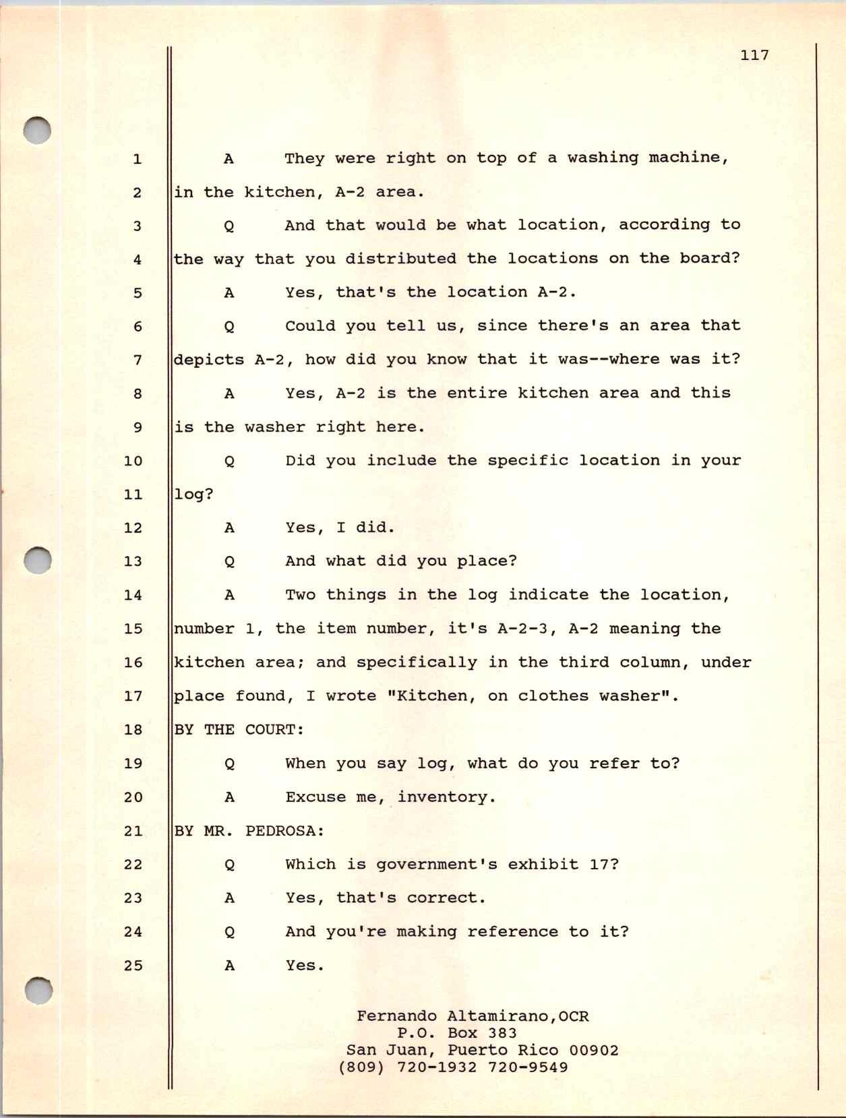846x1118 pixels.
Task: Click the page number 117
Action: pos(754,55)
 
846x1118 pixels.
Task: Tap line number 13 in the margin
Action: pos(133,561)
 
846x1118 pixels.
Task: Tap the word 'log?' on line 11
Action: pos(193,495)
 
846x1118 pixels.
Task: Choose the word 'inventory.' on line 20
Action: pos(446,797)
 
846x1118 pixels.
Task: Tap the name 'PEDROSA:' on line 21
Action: pos(284,831)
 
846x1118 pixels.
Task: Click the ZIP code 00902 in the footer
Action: pos(594,1051)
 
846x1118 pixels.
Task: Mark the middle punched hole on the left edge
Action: pos(37,559)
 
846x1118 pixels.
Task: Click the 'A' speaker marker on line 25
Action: pos(229,966)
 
